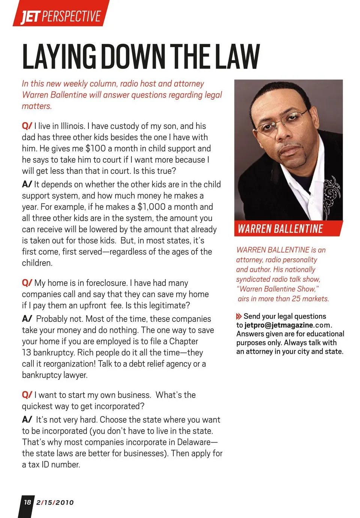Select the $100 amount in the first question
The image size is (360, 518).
click(x=95, y=148)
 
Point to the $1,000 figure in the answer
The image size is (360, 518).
click(x=151, y=207)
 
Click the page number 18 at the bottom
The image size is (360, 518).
click(x=27, y=502)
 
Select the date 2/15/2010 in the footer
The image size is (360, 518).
click(x=55, y=502)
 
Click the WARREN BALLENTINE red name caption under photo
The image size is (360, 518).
click(x=280, y=229)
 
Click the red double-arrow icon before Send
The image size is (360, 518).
click(x=239, y=316)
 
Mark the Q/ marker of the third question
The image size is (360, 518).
click(x=27, y=395)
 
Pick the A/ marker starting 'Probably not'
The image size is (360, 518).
click(x=27, y=319)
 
